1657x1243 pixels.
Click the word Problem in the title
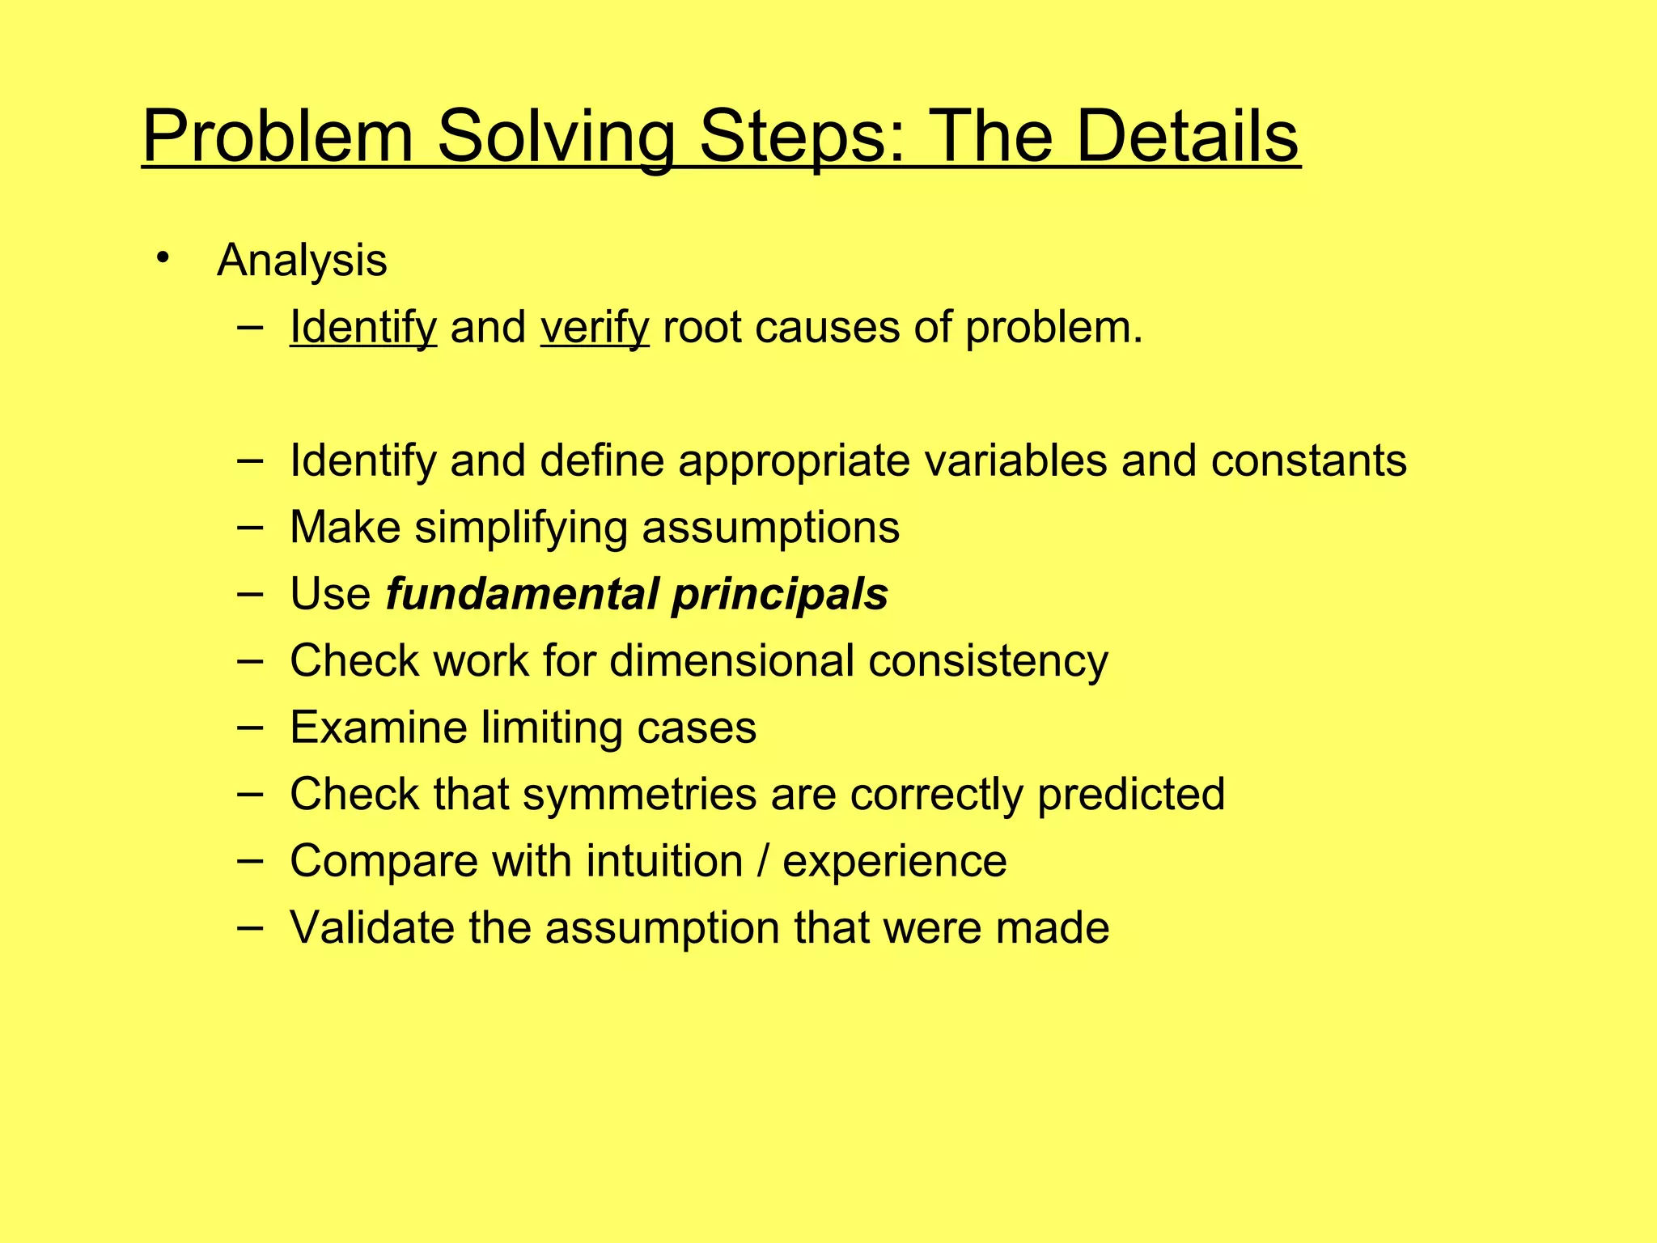pyautogui.click(x=278, y=138)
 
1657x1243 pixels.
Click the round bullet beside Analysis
pyautogui.click(x=163, y=258)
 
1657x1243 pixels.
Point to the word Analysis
pyautogui.click(x=302, y=261)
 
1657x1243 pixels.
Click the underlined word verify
pyautogui.click(x=595, y=328)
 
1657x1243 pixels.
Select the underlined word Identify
pyautogui.click(x=363, y=328)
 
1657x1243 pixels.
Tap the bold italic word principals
pyautogui.click(x=780, y=595)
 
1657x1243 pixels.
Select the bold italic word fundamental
pyautogui.click(x=522, y=593)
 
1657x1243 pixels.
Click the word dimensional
pyautogui.click(x=731, y=660)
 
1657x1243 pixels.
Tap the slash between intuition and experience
pyautogui.click(x=763, y=860)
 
